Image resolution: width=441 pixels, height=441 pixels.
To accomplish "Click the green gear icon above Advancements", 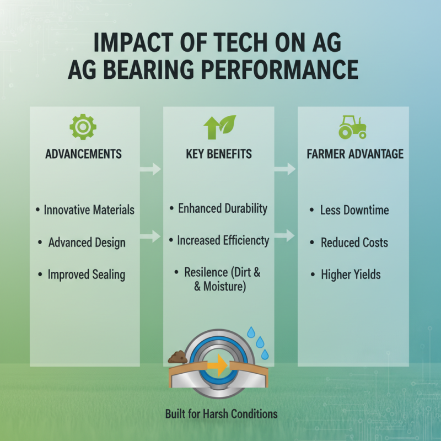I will coord(83,127).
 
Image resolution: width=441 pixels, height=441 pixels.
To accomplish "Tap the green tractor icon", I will coord(352,127).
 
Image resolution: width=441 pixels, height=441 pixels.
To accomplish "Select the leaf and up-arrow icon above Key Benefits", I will coord(219,127).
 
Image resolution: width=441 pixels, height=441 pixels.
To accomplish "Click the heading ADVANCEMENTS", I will coord(84,154).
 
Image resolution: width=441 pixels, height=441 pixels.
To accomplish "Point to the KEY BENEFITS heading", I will coord(219,154).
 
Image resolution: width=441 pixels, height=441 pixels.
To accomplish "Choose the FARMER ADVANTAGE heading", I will coord(355,154).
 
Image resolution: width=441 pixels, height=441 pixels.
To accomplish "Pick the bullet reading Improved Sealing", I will coord(86,275).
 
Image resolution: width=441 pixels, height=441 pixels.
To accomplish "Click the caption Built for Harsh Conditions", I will coord(221,413).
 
